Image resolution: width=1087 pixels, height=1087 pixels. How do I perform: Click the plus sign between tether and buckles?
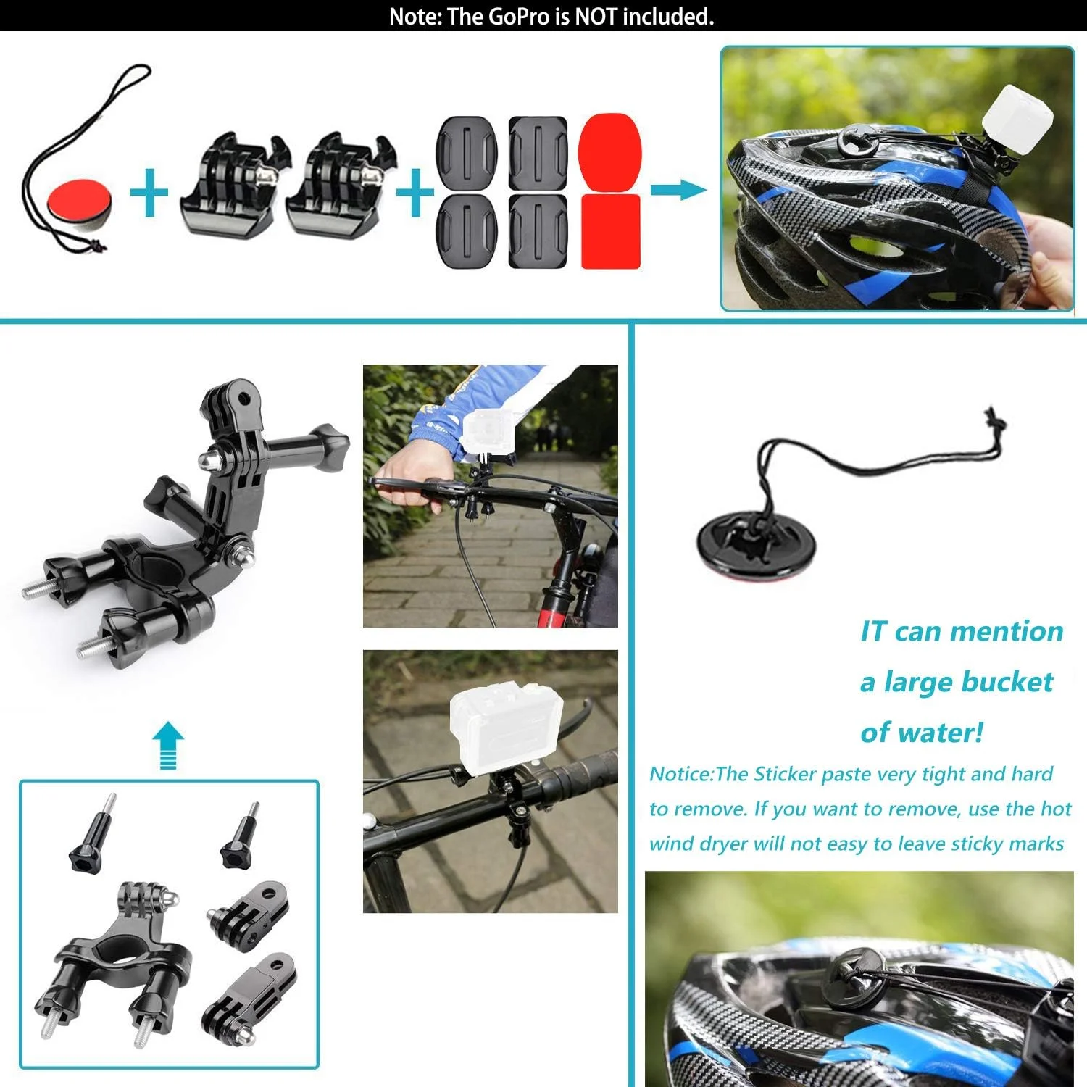tap(149, 192)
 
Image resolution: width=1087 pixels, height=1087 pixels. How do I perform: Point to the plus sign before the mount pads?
tap(415, 192)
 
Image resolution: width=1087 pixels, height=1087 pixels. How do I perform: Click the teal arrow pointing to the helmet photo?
tap(678, 191)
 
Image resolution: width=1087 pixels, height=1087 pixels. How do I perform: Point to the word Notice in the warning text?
tap(680, 774)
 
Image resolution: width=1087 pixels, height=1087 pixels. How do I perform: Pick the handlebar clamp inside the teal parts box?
tap(116, 964)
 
